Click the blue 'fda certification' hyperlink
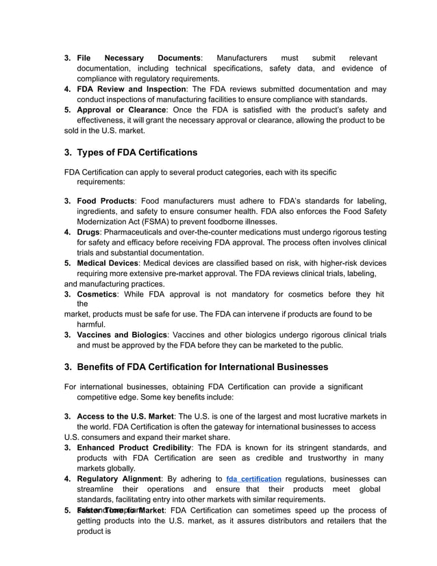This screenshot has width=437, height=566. tap(253, 479)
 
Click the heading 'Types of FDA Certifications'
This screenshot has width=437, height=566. tap(137, 152)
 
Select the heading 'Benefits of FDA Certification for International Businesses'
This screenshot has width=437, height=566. tap(202, 367)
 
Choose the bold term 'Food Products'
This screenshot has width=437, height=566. tap(105, 201)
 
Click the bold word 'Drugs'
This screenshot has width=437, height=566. tap(88, 232)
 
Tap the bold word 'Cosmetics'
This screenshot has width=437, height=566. tap(97, 294)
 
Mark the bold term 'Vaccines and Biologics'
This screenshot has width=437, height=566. tap(122, 335)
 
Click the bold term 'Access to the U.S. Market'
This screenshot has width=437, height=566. tap(125, 417)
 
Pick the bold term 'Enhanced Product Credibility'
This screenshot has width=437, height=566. tap(134, 447)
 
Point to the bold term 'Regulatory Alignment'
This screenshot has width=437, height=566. tap(118, 478)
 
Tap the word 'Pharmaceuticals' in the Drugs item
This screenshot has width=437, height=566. tap(140, 232)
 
